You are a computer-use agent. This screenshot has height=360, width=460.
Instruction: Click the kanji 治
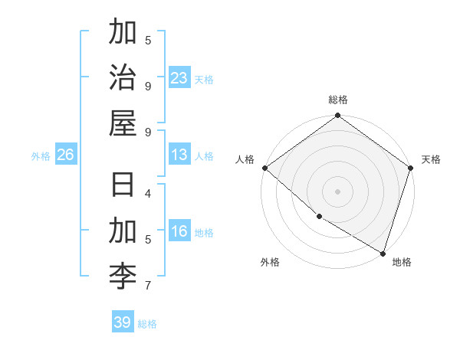123,77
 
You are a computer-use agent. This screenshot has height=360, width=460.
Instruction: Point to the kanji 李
123,274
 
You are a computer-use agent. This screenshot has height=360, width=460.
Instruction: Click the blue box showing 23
179,78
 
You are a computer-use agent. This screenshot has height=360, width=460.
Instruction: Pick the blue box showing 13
179,155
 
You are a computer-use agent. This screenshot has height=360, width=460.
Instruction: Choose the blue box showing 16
179,232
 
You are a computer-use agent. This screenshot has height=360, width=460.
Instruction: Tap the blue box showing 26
65,155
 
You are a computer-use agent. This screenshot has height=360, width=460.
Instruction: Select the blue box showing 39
123,322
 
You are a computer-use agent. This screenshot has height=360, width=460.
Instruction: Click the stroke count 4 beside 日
148,193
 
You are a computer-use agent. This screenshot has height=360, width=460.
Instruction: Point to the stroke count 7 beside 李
148,286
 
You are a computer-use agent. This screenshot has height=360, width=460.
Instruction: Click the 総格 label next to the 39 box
147,324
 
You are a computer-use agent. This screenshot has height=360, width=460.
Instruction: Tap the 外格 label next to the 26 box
41,156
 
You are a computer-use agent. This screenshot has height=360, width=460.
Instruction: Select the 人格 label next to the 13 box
204,156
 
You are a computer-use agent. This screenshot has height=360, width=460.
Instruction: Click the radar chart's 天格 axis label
431,159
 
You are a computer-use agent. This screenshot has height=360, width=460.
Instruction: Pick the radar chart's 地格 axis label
402,262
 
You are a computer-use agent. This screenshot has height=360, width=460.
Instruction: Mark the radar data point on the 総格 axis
337,116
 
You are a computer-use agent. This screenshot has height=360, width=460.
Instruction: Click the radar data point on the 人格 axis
264,168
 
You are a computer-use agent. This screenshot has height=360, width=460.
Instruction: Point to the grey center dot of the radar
337,191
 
